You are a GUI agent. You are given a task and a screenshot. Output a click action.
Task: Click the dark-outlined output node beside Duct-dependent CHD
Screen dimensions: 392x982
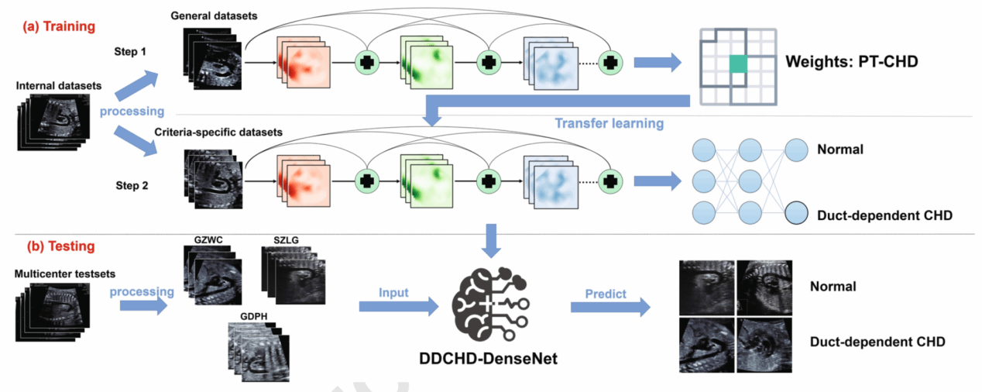[x=797, y=212]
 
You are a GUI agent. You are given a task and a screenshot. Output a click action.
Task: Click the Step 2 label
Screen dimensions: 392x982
[x=132, y=186]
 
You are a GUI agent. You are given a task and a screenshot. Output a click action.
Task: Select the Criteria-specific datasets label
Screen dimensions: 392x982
[x=219, y=132]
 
